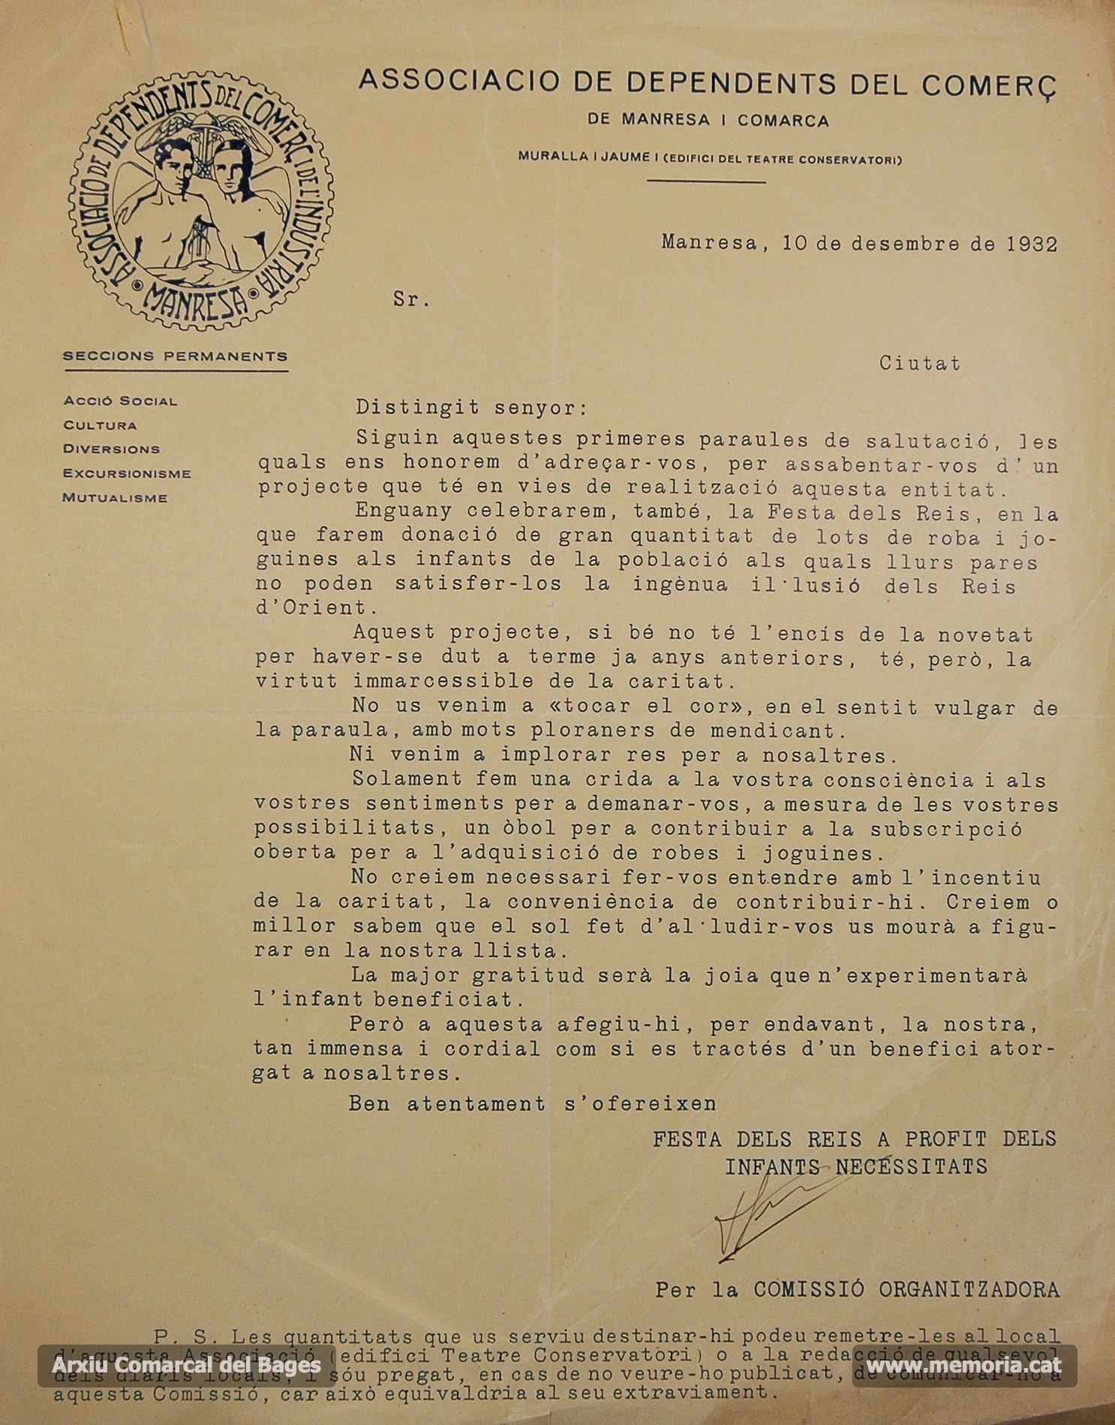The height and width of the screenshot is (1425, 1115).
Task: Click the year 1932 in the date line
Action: [1032, 244]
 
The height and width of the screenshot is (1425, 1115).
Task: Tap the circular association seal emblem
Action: [201, 201]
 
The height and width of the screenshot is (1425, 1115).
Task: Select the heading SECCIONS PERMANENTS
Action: [175, 356]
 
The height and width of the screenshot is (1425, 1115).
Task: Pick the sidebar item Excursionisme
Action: [127, 474]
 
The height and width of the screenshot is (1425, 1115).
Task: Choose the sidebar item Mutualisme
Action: [115, 498]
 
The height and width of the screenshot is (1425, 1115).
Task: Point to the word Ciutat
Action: [919, 363]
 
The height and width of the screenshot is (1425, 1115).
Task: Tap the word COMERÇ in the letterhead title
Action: [989, 85]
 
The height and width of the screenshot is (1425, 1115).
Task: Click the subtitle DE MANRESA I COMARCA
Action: [708, 120]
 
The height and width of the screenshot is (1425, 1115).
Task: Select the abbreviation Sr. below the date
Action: [411, 300]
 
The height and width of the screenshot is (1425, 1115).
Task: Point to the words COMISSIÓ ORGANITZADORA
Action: [906, 1290]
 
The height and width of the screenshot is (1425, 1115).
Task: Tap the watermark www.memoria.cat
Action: [963, 1365]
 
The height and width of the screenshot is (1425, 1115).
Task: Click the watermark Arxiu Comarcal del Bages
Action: [187, 1365]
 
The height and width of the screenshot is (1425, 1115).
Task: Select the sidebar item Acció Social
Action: [120, 401]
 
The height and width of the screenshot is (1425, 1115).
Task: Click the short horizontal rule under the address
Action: [705, 181]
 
